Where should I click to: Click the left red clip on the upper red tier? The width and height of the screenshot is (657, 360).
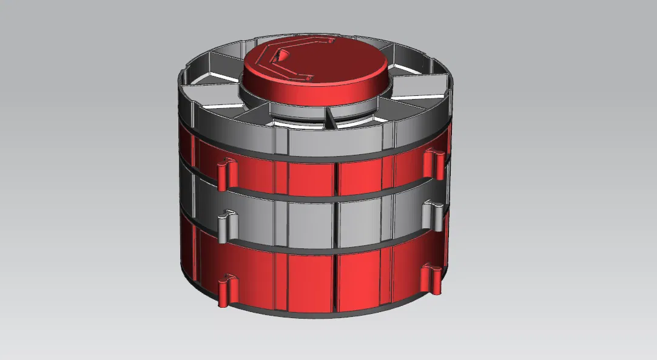click(x=223, y=173)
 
